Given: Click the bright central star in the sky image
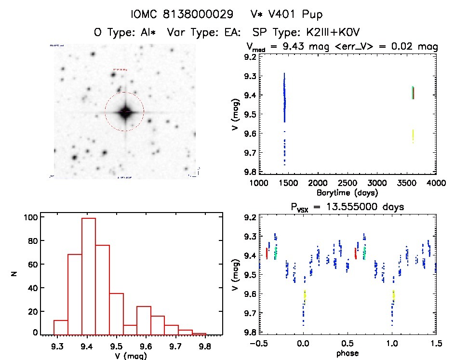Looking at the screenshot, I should (x=125, y=112).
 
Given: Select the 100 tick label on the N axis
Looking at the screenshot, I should (x=30, y=217).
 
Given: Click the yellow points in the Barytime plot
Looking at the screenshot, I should (x=413, y=136).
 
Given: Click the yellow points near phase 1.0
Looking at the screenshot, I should (x=393, y=295).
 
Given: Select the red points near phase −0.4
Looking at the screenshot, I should (x=267, y=253).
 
